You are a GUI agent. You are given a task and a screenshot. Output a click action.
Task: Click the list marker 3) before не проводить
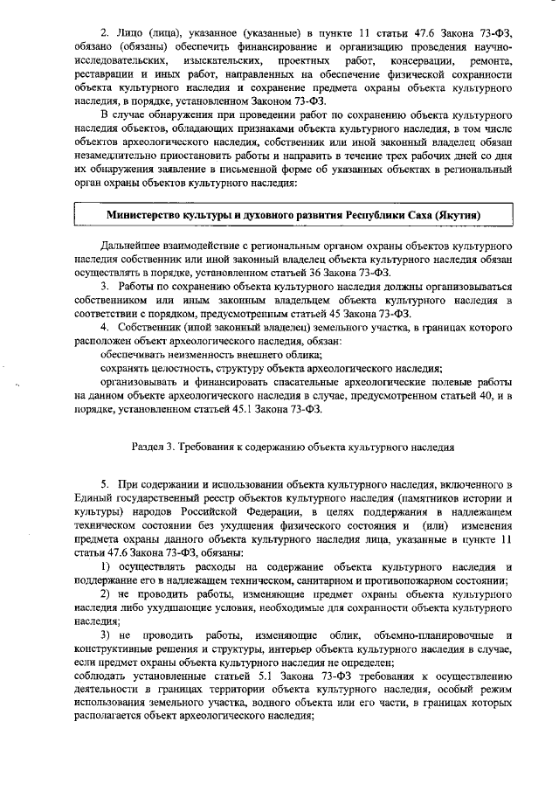(106, 635)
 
